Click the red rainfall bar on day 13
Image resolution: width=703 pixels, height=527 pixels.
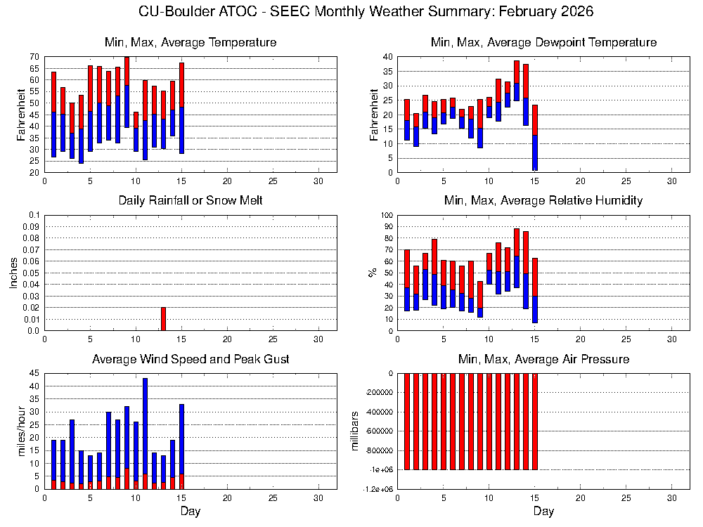pos(164,319)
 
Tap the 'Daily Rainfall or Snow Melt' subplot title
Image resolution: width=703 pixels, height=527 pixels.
pos(191,201)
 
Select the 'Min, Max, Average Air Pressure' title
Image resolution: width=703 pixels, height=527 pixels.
pos(543,360)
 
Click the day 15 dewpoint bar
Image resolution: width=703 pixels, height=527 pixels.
pos(534,138)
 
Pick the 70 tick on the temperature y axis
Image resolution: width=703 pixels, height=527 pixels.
pos(34,56)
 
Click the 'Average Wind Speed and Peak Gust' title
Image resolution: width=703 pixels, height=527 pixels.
pos(191,360)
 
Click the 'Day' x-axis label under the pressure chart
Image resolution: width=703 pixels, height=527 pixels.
pos(543,512)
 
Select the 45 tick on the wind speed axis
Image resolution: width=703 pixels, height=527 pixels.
pos(34,374)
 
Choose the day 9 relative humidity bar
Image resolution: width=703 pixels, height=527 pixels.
pos(480,299)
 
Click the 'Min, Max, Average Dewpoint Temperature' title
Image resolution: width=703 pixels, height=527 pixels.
pos(543,43)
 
